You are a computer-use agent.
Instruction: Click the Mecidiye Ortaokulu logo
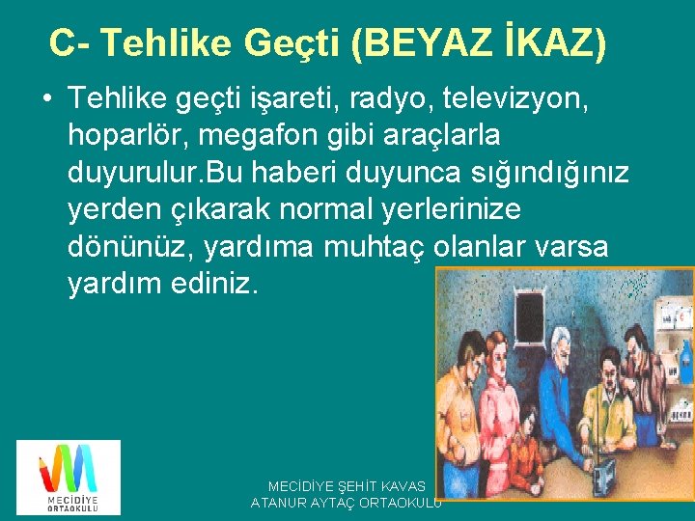pos(69,477)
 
